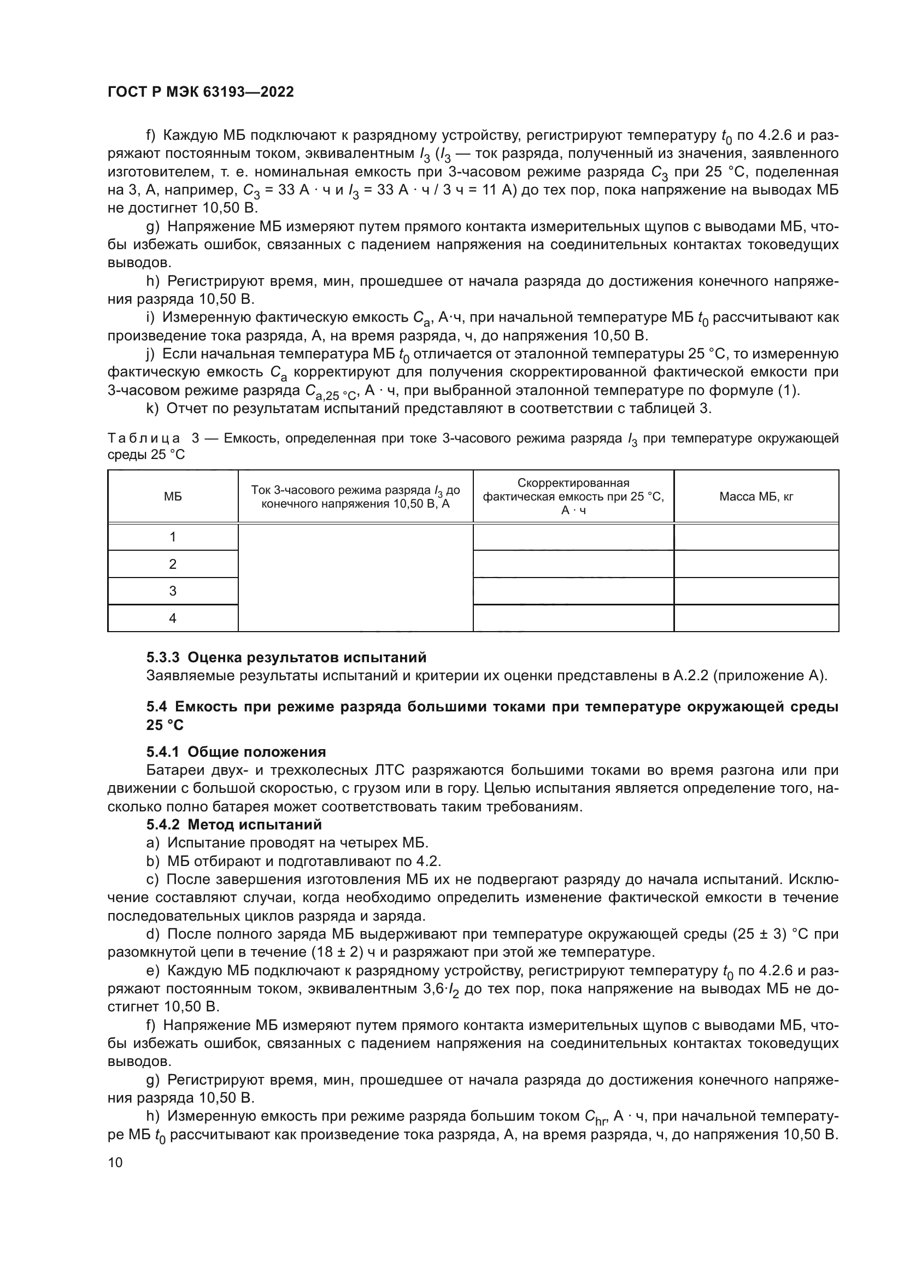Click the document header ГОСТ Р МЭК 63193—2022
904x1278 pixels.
pyautogui.click(x=201, y=92)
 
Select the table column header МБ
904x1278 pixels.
pyautogui.click(x=173, y=497)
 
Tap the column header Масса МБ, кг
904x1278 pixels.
pyautogui.click(x=756, y=497)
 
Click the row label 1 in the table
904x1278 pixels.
pyautogui.click(x=173, y=537)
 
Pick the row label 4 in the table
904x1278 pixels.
pyautogui.click(x=173, y=619)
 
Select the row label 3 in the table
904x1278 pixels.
pyautogui.click(x=173, y=591)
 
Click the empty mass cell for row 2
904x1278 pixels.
pyautogui.click(x=756, y=564)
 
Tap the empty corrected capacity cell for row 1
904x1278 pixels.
pyautogui.click(x=573, y=537)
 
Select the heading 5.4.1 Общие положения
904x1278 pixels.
pyautogui.click(x=236, y=752)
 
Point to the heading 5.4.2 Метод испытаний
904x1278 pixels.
pyautogui.click(x=234, y=824)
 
